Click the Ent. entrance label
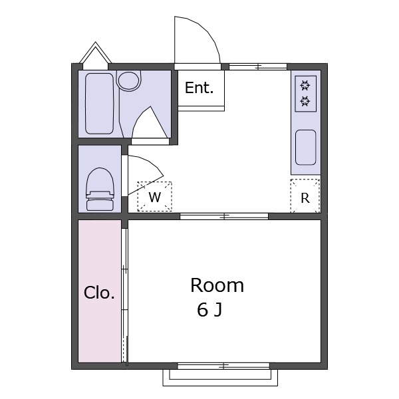199,88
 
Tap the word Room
217,285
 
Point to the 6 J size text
209,310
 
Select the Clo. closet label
99,293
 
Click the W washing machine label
155,197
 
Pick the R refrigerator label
305,198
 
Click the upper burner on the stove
305,86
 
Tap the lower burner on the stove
305,101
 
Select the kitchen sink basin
306,148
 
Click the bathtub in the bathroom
99,104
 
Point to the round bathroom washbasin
129,81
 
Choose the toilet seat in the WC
100,182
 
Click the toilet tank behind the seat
100,205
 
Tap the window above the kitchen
258,66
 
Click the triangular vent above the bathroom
95,55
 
